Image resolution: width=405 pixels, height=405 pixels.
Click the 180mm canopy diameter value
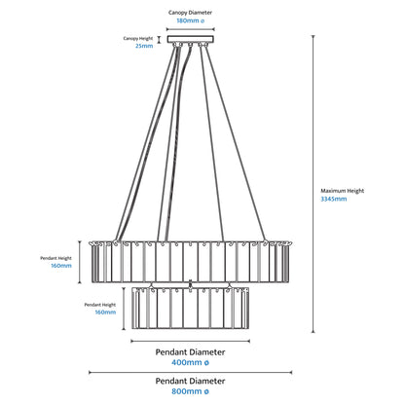coord(191,20)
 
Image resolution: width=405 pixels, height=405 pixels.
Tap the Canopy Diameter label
coord(190,13)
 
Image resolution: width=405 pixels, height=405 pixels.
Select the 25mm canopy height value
coord(144,46)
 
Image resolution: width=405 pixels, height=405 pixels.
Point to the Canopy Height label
coord(138,38)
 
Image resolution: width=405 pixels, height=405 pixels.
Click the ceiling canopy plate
coord(191,39)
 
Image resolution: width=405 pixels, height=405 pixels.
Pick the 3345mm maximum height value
coord(334,199)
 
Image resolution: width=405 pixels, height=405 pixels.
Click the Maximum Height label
coord(343,191)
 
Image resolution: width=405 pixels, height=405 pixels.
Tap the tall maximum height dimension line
coord(313,184)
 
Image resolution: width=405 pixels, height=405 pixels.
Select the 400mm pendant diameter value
coord(190,362)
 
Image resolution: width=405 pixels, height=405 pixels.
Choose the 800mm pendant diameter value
coord(190,391)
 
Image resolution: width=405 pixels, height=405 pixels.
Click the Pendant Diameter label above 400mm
coord(190,352)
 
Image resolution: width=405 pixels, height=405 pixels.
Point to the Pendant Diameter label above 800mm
coord(190,381)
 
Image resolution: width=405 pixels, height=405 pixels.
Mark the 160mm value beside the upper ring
coord(61,266)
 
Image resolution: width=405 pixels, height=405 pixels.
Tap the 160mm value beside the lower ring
coord(105,313)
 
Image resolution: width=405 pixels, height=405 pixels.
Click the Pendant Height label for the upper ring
coord(55,258)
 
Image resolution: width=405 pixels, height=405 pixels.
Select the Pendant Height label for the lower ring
coord(100,305)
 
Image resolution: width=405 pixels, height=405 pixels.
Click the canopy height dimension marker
coord(159,40)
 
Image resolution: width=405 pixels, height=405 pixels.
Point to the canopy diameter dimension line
coord(191,29)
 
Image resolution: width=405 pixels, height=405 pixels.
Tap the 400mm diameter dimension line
coord(190,341)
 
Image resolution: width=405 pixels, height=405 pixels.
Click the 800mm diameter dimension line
coord(190,373)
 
